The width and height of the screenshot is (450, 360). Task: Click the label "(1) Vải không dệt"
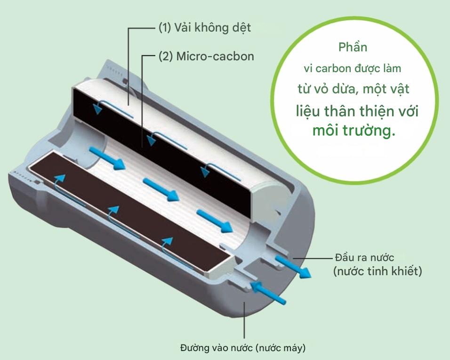[204, 28]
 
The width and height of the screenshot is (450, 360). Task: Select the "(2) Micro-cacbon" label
[206, 57]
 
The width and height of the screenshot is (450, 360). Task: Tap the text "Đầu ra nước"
[364, 257]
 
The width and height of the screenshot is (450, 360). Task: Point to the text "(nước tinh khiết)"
[377, 272]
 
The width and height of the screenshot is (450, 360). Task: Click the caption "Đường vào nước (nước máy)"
[243, 349]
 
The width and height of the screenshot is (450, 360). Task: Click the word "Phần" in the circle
[353, 48]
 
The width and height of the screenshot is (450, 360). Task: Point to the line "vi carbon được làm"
[353, 68]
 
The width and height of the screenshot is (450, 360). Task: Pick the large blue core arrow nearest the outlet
[215, 220]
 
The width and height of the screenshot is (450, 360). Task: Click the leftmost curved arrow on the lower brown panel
[57, 184]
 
